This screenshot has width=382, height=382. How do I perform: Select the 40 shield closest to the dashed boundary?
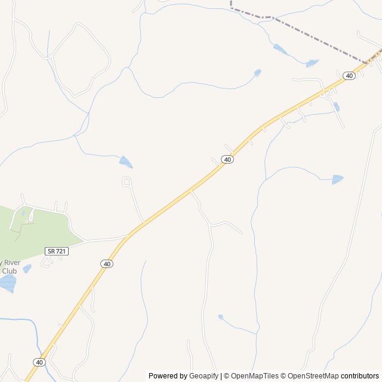pos(349,76)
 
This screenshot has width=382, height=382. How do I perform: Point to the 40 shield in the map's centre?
pos(227,159)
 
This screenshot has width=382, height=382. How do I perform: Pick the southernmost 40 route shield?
pos(39,362)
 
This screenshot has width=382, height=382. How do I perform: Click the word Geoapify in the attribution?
pos(204,376)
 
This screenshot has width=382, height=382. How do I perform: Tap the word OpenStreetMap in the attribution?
pos(313,376)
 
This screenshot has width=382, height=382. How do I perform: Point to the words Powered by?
pos(168,376)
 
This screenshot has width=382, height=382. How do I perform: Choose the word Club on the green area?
pos(9,271)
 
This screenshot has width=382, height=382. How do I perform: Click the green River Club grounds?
pos(36,230)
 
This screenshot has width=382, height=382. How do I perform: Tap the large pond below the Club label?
pos(7,284)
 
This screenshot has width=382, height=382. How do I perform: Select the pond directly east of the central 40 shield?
pos(337,179)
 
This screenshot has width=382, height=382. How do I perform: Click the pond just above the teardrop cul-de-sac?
pos(125,161)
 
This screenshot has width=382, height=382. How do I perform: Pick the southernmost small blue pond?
pos(220,316)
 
